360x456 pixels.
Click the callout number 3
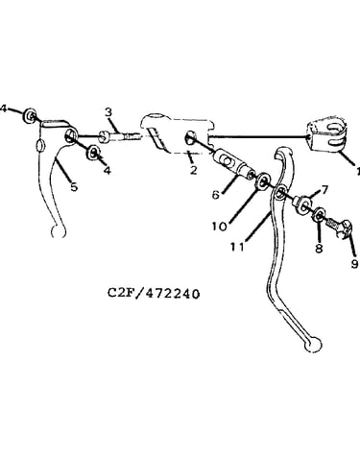click(108, 112)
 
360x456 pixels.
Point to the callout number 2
click(193, 170)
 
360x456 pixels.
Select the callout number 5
click(74, 186)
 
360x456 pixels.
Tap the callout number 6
click(216, 194)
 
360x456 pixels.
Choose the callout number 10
click(220, 227)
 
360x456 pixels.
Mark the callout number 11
click(237, 247)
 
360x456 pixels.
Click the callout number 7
click(324, 190)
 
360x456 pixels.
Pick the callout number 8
click(319, 248)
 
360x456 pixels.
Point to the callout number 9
click(354, 264)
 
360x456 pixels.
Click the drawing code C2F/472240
click(154, 293)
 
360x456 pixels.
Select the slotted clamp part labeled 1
click(327, 136)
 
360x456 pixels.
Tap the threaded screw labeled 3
click(120, 136)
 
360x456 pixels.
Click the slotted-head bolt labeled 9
click(340, 227)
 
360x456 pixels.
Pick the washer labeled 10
click(263, 182)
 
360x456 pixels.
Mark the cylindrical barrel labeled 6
click(233, 163)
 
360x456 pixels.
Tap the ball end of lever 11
click(312, 346)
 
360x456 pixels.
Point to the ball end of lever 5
click(59, 231)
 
